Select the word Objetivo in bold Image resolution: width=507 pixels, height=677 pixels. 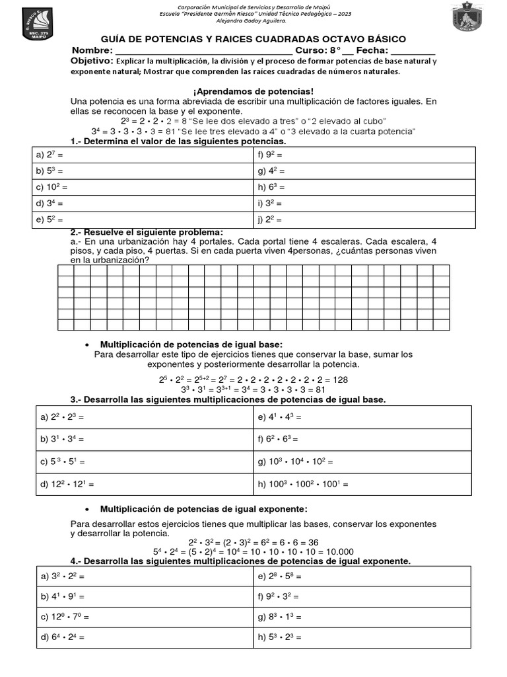coord(92,61)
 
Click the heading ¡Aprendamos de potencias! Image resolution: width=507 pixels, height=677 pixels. coord(253,91)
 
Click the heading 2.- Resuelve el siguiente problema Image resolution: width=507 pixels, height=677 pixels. coord(147,232)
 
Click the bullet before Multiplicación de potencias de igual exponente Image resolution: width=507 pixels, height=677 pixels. coord(87,510)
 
